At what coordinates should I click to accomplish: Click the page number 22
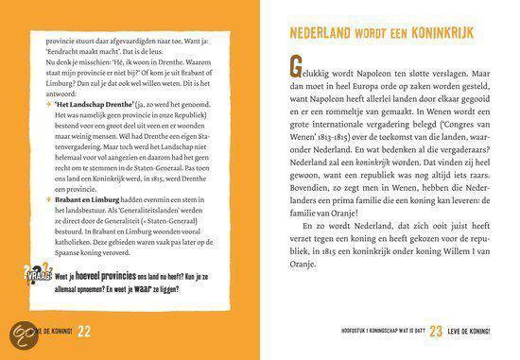83,329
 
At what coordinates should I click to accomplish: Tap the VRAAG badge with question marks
35,279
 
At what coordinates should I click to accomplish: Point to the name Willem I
472,275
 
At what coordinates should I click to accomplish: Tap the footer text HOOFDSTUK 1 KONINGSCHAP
352,331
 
